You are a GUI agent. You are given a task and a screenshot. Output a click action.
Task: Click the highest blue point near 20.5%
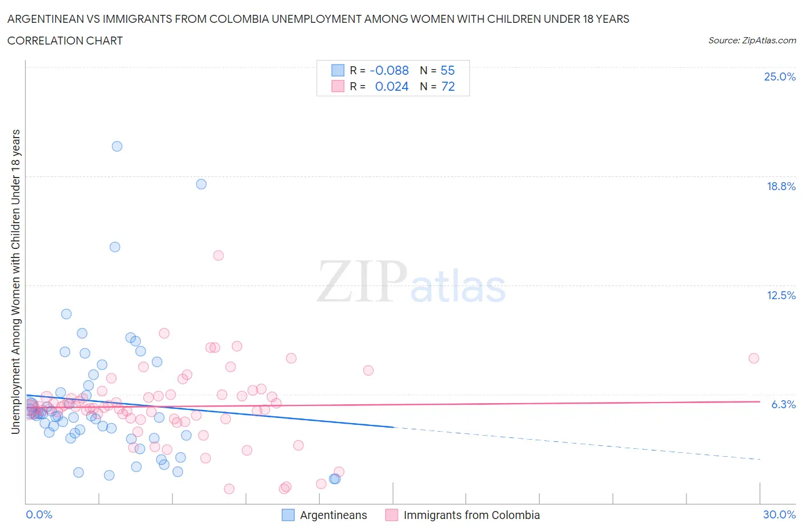(117, 146)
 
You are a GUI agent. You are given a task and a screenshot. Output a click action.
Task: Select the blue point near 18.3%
(201, 184)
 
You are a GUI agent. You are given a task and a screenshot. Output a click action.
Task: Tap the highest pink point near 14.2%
(218, 255)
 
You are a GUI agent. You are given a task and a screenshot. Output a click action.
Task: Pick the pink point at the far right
(754, 358)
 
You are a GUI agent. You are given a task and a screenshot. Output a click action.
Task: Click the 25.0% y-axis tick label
(780, 77)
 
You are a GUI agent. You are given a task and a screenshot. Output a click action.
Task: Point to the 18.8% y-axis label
(781, 186)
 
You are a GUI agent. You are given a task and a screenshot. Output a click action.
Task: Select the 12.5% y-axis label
(781, 295)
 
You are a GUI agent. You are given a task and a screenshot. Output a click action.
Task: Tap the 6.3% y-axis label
(783, 404)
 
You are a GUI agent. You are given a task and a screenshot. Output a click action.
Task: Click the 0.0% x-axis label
(39, 514)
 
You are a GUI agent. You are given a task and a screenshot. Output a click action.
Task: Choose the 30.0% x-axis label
(779, 514)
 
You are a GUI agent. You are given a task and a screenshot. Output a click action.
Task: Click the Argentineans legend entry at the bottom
(334, 515)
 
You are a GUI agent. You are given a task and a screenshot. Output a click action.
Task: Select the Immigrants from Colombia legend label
(471, 515)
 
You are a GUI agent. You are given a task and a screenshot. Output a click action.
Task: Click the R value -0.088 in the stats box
(390, 70)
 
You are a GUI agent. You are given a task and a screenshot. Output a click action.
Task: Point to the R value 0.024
(392, 86)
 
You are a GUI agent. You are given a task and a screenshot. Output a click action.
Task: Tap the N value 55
(448, 70)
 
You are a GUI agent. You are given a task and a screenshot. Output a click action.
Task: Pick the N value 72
(448, 86)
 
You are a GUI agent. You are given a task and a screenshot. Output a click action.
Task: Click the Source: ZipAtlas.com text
(752, 41)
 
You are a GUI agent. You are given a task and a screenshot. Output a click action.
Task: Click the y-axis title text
(16, 281)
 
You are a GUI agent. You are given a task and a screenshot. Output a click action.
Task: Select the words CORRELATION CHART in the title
(65, 41)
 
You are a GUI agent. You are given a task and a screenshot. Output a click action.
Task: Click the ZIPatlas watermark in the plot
(411, 281)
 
